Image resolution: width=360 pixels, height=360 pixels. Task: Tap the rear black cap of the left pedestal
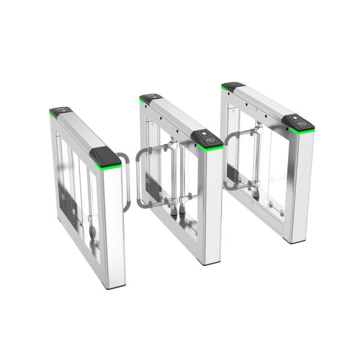[x=60, y=112]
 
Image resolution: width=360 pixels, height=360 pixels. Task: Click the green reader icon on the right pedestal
[x=302, y=125]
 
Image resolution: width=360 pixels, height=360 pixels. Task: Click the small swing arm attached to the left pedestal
[x=124, y=180]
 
